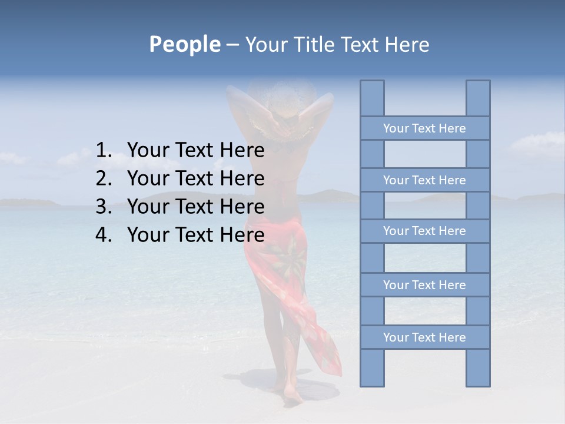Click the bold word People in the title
tap(184, 44)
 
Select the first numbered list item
tap(195, 151)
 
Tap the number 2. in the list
tap(104, 178)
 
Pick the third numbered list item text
tap(195, 207)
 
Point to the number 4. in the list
tap(104, 235)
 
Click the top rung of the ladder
tap(424, 128)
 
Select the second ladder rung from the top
tap(424, 180)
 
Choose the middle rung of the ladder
tap(424, 231)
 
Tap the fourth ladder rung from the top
tap(424, 285)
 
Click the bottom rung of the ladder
tap(424, 337)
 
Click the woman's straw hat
tap(281, 112)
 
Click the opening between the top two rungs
tap(424, 154)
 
